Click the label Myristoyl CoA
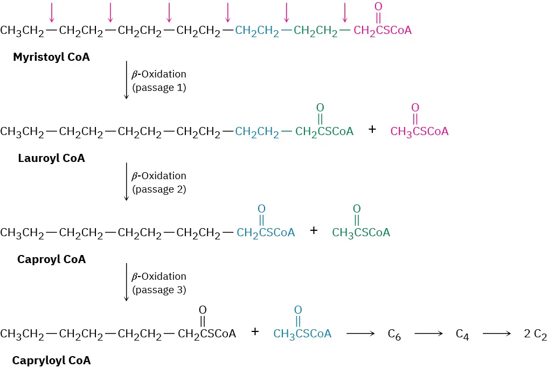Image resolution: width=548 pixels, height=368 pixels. [x=51, y=56]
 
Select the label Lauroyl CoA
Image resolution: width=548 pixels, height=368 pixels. [x=51, y=158]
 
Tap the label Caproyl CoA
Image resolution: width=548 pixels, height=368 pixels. [x=51, y=259]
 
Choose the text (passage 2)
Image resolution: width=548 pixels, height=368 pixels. [x=159, y=189]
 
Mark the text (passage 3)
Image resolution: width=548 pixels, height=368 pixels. [x=159, y=289]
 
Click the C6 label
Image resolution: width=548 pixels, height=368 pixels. [x=395, y=335]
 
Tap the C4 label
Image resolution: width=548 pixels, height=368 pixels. [x=462, y=335]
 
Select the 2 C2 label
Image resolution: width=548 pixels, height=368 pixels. [x=536, y=335]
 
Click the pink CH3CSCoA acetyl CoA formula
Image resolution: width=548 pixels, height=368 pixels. [x=419, y=131]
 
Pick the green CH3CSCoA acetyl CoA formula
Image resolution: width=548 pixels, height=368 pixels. [x=361, y=232]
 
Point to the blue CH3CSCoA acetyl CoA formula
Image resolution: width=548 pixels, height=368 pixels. [x=302, y=334]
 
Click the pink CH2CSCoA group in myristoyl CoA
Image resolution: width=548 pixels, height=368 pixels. [x=383, y=30]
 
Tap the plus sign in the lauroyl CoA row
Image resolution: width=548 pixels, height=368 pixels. [x=372, y=130]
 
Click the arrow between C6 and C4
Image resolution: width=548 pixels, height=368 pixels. [x=428, y=334]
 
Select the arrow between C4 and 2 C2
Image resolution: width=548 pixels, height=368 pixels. [x=496, y=334]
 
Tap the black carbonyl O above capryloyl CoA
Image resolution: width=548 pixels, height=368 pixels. [x=203, y=310]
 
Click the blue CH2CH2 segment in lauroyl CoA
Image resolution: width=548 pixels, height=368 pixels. [x=257, y=131]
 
